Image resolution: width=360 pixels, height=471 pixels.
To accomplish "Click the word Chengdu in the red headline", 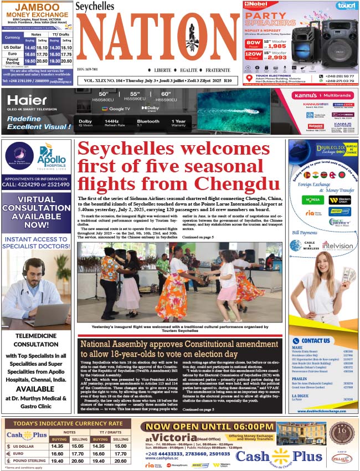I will pos(234,182).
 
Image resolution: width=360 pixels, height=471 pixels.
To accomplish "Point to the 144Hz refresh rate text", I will pos(112,121).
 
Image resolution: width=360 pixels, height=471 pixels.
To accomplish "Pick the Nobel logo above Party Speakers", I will pos(258,5).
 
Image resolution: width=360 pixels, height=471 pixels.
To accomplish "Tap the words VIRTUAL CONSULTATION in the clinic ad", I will pos(36,204).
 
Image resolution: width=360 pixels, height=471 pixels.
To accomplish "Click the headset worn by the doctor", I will pos(29,269).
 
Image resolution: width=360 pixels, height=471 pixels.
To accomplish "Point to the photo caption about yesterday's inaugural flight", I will pos(179,329).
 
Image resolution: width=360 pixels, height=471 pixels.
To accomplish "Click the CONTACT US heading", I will pos(316,340).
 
